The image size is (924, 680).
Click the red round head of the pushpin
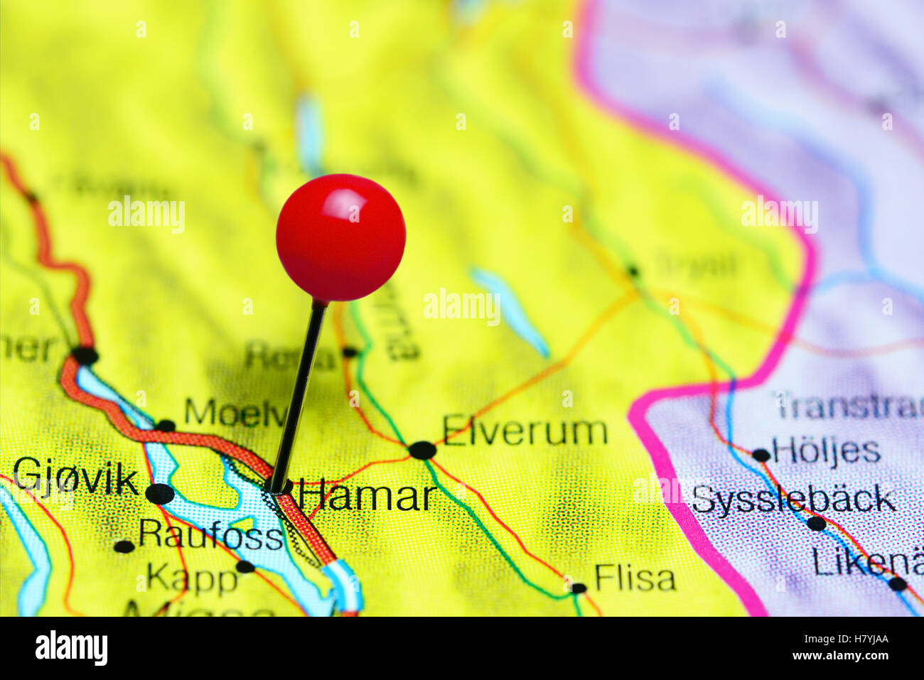tap(340, 237)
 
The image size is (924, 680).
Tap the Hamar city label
tap(367, 495)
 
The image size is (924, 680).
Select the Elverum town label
tap(525, 432)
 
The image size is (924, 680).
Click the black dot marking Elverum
tap(422, 450)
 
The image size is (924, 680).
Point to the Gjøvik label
tap(75, 477)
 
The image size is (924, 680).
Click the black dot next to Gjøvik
tap(159, 493)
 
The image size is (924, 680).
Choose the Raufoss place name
tap(210, 534)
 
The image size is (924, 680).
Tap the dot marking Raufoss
tap(124, 546)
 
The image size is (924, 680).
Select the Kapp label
tap(192, 579)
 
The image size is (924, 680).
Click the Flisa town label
tap(635, 578)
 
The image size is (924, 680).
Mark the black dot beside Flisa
tap(578, 588)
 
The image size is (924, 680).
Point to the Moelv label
tap(235, 412)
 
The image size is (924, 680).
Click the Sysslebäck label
tap(793, 500)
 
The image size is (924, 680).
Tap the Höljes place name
tap(826, 450)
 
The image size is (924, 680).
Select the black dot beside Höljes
tap(761, 455)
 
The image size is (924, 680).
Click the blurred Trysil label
tap(696, 265)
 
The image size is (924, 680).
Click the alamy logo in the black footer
tap(71, 648)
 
